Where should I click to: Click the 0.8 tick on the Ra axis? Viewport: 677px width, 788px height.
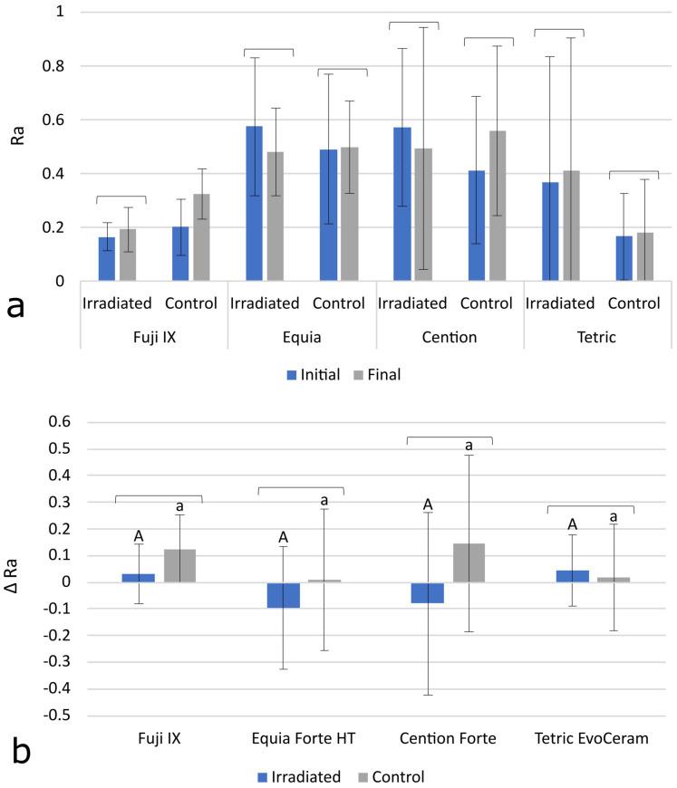pos(59,66)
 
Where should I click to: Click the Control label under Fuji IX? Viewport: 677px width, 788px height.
pos(190,303)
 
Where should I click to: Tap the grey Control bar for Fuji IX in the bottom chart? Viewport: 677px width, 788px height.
pos(181,565)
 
